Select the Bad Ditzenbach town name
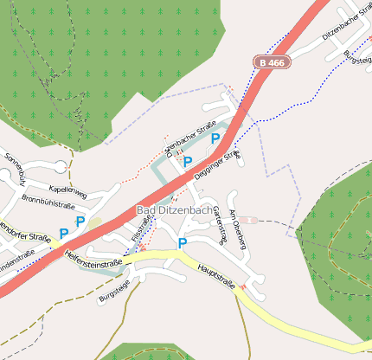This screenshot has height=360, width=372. click(174, 210)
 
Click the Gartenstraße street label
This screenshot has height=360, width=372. click(219, 225)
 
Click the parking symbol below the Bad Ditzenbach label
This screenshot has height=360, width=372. click(183, 243)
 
